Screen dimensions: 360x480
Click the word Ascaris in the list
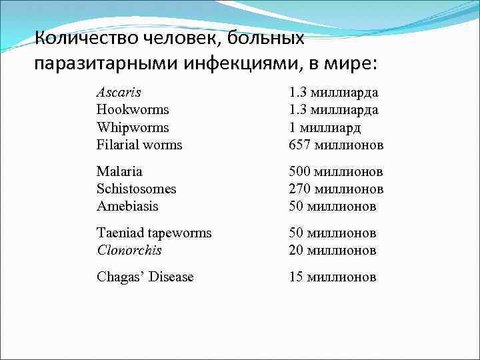[x=119, y=91]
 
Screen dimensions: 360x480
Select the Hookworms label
[x=133, y=109]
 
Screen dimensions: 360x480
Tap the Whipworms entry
[x=133, y=127]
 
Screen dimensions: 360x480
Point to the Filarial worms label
[x=139, y=145]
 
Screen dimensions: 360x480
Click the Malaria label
[x=119, y=171]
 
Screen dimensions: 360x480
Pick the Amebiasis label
[x=127, y=206]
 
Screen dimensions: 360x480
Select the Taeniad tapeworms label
[x=154, y=233]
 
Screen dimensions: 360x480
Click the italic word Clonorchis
[x=129, y=251]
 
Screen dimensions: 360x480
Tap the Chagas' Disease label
[x=145, y=277]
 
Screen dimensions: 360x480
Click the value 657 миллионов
[x=336, y=145]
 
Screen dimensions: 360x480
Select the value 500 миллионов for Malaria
[x=336, y=171]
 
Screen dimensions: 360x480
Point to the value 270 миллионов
[x=336, y=189]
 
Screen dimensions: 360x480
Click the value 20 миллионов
[x=333, y=251]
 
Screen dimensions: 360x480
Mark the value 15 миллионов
[x=333, y=277]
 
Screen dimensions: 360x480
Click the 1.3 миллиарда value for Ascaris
[x=333, y=91]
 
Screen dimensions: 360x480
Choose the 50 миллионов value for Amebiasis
[x=333, y=206]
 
